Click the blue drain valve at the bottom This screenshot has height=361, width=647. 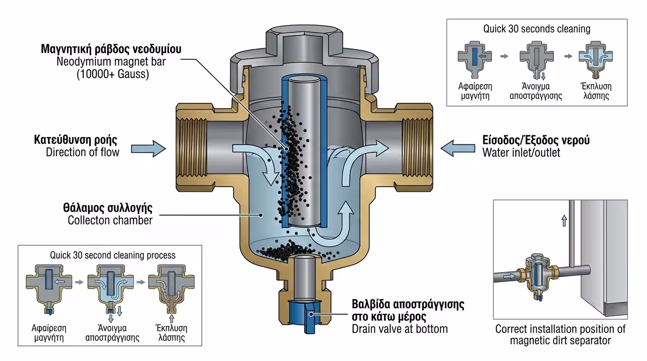[306, 313]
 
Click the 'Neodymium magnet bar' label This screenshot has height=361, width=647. [111, 62]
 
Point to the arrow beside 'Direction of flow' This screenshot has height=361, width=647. [148, 149]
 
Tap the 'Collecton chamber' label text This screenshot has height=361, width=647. [110, 220]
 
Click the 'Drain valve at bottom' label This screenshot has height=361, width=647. [400, 329]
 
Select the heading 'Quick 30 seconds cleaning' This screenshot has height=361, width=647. [537, 29]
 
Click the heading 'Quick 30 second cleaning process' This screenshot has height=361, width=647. [112, 255]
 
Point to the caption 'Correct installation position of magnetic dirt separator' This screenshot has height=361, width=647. [560, 334]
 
